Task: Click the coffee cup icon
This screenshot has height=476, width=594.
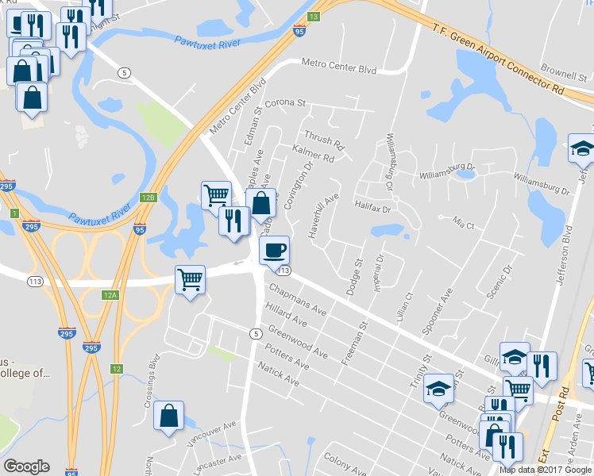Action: pos(274,251)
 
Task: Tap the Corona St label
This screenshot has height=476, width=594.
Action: pos(285,103)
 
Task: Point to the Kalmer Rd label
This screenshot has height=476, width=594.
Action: pos(314,153)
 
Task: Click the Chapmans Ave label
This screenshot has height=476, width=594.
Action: pos(297,299)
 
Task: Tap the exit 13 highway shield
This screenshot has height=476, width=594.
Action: pos(314,17)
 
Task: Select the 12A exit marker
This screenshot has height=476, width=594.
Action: pos(110,295)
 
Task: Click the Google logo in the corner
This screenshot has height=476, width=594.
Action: pos(26,466)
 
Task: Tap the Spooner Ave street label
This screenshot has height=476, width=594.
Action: pos(438,310)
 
